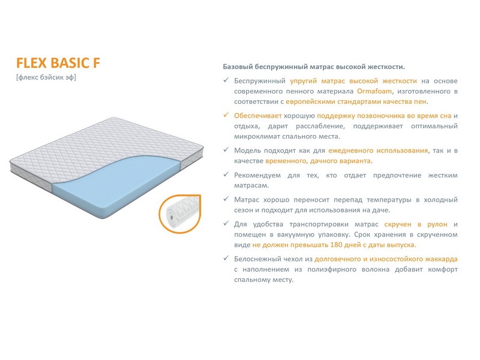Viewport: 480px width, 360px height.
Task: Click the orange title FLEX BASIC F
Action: click(58, 63)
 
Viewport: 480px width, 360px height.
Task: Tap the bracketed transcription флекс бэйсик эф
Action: click(46, 77)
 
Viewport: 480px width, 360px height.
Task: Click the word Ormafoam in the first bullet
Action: click(374, 91)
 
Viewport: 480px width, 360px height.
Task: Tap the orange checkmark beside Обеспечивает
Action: click(226, 115)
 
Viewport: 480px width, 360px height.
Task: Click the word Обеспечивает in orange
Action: click(258, 116)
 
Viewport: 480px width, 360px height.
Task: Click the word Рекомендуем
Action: click(257, 175)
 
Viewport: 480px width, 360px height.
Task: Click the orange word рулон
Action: click(437, 224)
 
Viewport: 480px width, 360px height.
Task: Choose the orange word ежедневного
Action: click(351, 151)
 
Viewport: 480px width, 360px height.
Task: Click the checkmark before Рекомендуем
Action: click(226, 174)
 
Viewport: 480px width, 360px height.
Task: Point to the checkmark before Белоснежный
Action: click(226, 258)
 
